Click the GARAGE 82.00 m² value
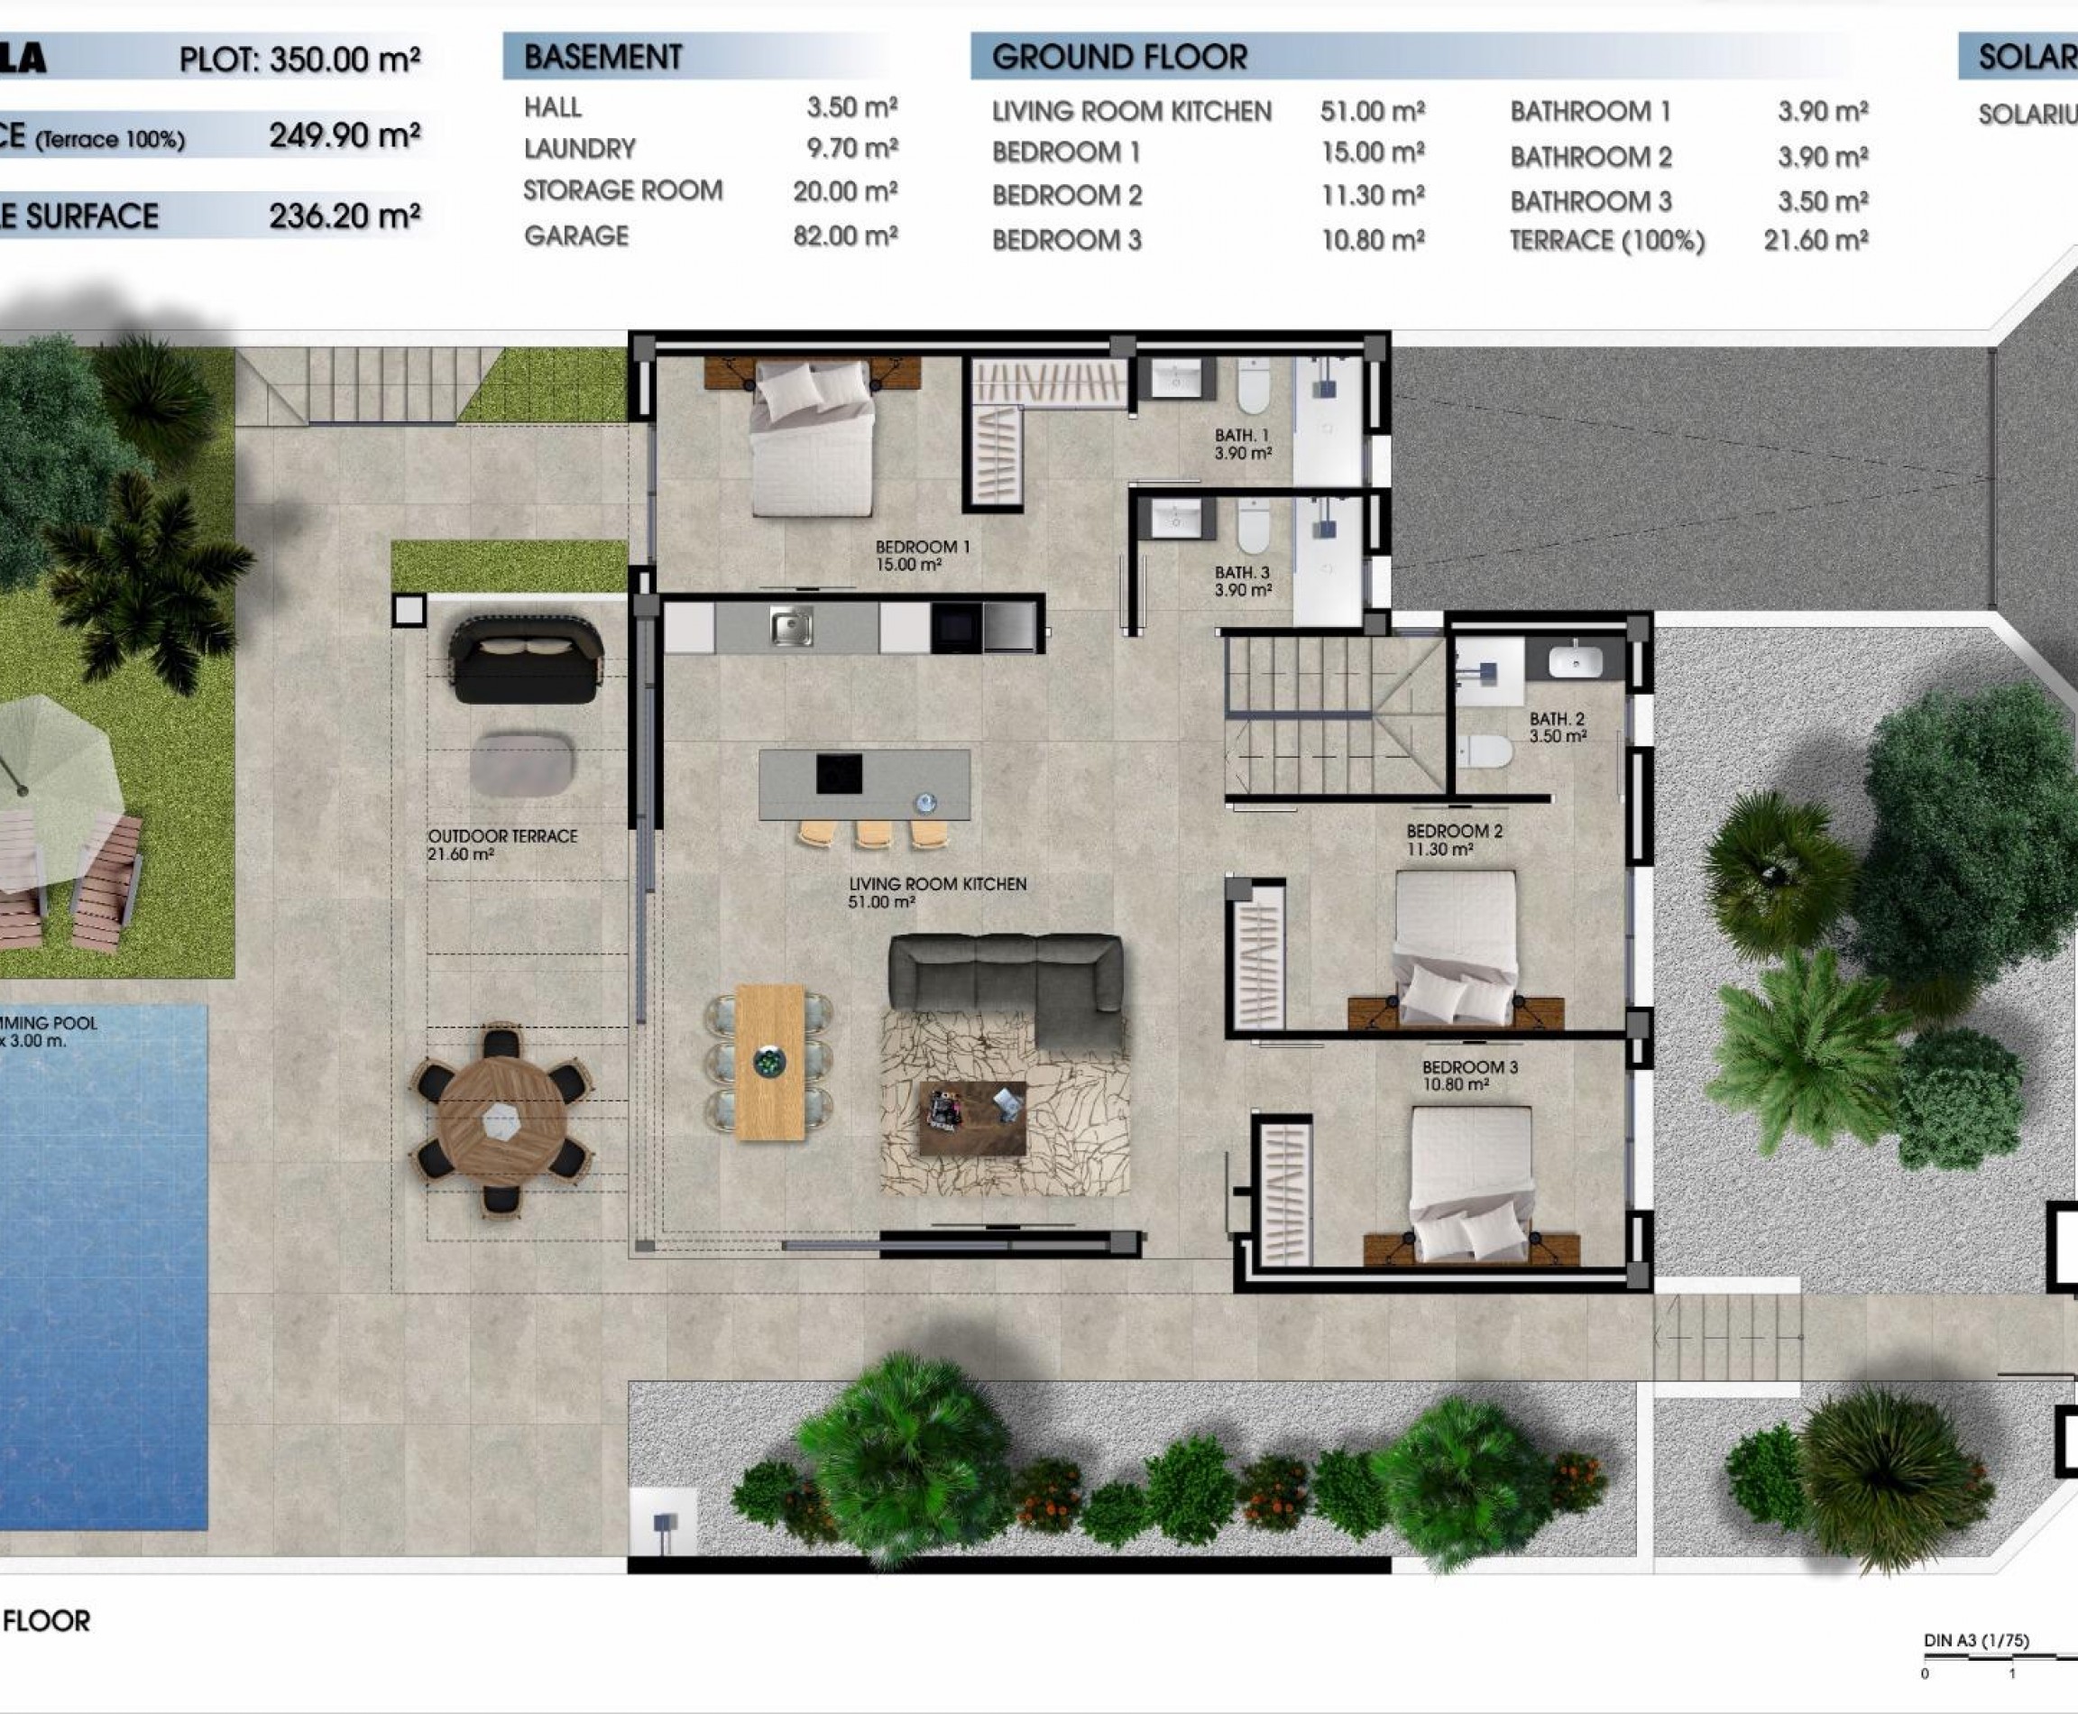tap(844, 236)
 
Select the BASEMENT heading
tap(602, 57)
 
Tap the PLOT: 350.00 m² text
tap(299, 60)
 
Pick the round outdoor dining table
tap(501, 1120)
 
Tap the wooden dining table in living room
tap(770, 1063)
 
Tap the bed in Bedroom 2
tap(1455, 942)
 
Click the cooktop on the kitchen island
tap(839, 774)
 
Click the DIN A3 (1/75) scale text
tap(1975, 1641)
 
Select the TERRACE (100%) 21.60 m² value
tap(1815, 241)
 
